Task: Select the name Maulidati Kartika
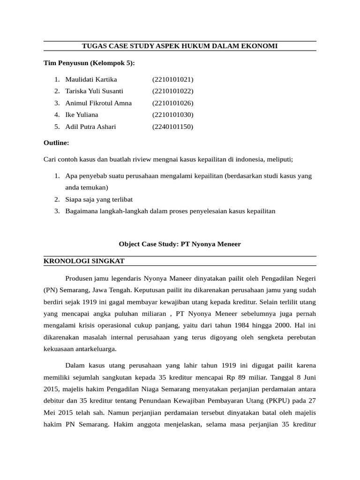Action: [91, 79]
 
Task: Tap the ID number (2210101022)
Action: [172, 91]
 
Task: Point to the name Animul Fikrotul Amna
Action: [98, 103]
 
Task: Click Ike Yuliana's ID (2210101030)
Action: [172, 115]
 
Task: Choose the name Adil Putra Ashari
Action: [90, 127]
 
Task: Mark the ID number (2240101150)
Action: [172, 127]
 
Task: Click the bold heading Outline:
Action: [56, 142]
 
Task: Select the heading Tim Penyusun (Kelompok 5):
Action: [89, 63]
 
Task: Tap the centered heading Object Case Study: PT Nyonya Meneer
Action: [180, 244]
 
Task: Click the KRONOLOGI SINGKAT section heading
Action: [84, 261]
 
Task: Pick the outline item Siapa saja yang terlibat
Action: [99, 199]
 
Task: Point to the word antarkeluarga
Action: [94, 349]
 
